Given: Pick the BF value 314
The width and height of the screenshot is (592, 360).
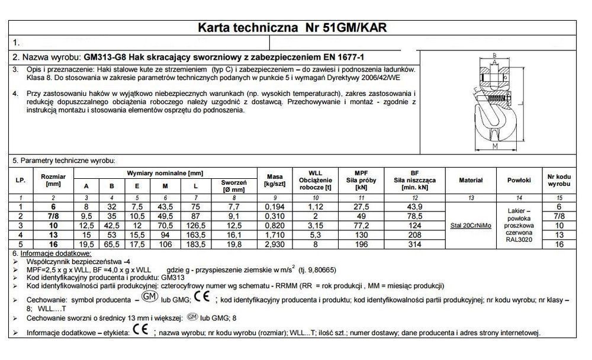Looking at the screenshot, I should point(414,243).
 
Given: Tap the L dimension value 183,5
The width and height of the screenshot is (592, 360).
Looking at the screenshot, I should point(196,243).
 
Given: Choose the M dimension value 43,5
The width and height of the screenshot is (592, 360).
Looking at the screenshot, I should point(165,207).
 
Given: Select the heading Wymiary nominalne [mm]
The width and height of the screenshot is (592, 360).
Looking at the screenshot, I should point(165,173).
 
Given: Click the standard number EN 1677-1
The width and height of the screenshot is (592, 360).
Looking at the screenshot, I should point(342,57).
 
